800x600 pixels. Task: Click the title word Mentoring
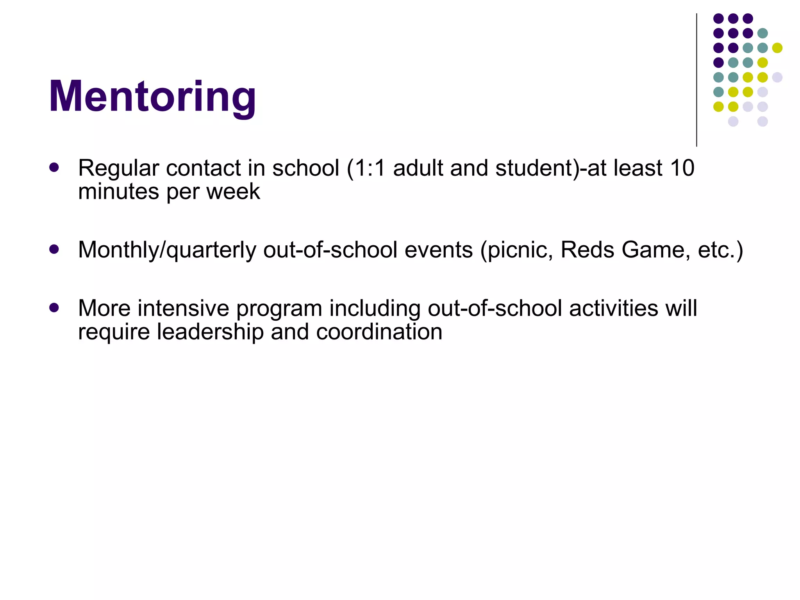tap(152, 96)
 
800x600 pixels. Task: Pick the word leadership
tap(210, 332)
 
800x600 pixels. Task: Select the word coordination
tap(379, 332)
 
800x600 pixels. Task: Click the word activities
tap(613, 308)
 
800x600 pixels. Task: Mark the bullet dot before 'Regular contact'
tap(54, 168)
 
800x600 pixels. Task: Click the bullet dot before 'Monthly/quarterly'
tap(54, 249)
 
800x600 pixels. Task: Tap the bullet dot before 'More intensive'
tap(54, 307)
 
